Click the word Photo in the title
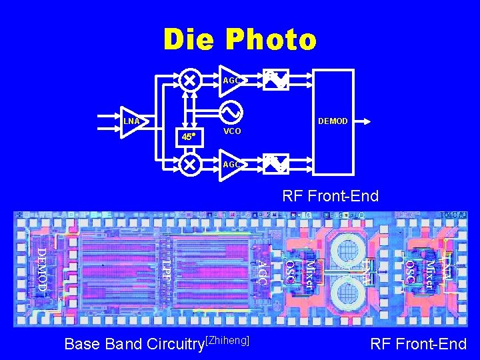[x=271, y=40]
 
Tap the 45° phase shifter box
[x=189, y=137]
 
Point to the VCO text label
[x=232, y=131]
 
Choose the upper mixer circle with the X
[x=190, y=80]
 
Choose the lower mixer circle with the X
[x=190, y=164]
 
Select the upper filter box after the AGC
[x=275, y=80]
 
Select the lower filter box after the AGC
[x=275, y=164]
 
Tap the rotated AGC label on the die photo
[x=262, y=273]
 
